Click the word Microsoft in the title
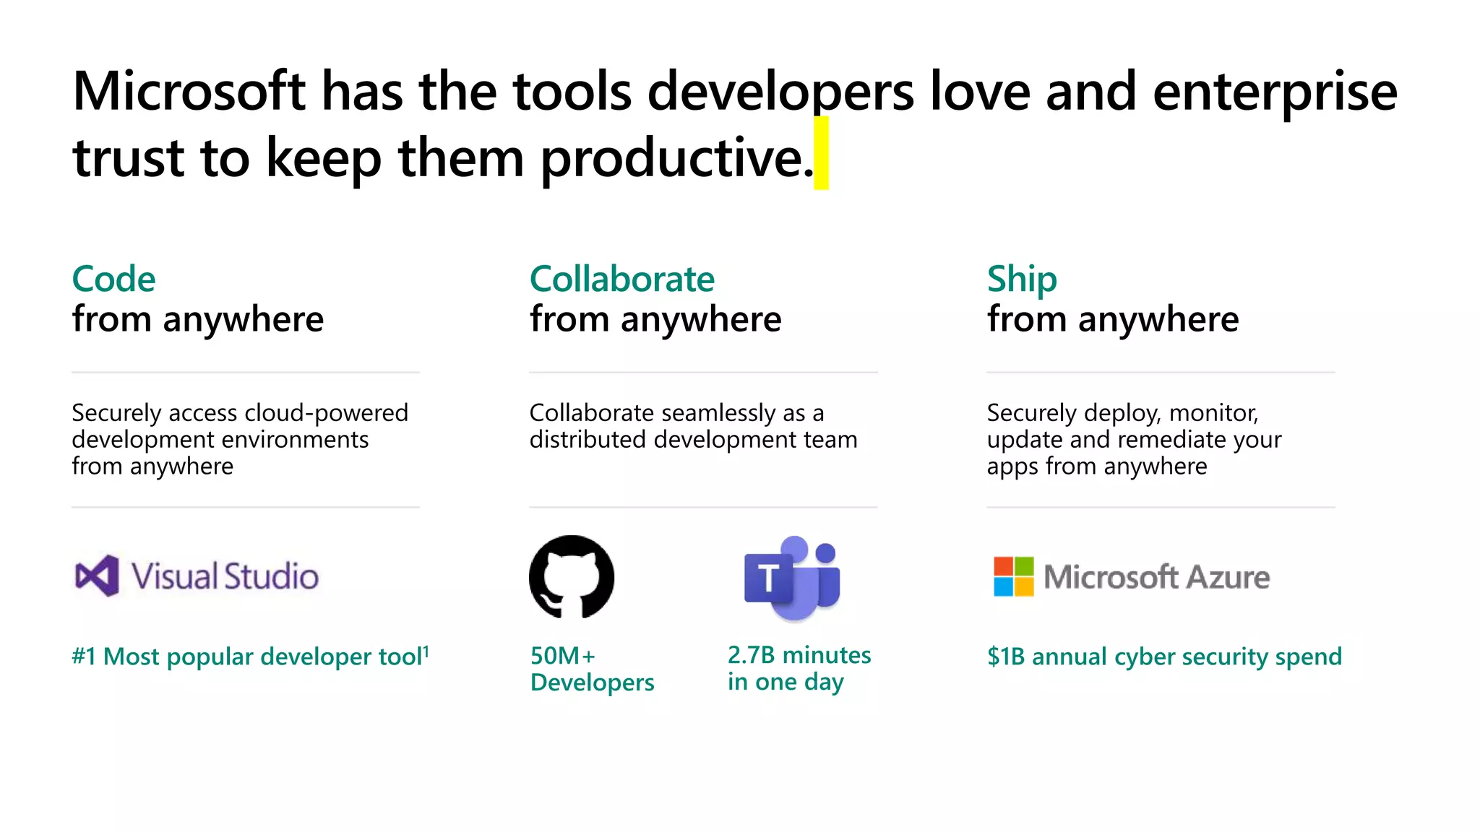[x=189, y=92]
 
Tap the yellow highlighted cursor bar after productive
[x=821, y=153]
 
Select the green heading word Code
[x=113, y=279]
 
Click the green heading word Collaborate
[x=621, y=279]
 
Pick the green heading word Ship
[x=1021, y=279]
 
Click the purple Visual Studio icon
[x=97, y=576]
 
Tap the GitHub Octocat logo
[x=572, y=576]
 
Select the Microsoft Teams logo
[x=792, y=578]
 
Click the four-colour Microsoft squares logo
[x=1013, y=576]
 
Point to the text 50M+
[x=562, y=656]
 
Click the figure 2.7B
[x=751, y=655]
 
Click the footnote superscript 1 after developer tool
[x=426, y=651]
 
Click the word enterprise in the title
[x=1275, y=92]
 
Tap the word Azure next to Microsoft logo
[x=1228, y=577]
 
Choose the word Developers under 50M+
[x=592, y=682]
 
